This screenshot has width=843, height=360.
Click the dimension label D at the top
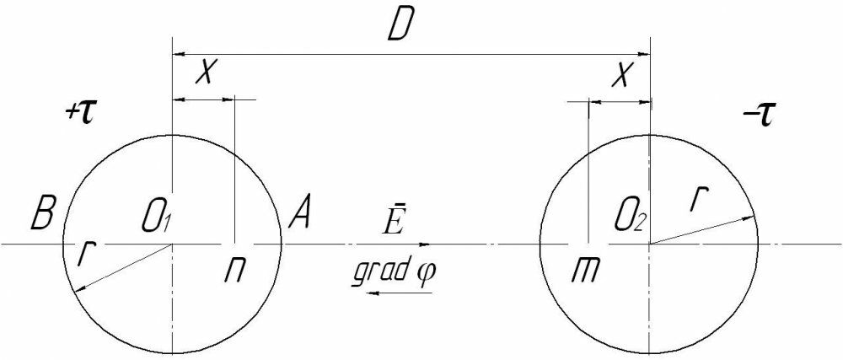tap(399, 29)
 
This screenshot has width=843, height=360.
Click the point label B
tap(42, 217)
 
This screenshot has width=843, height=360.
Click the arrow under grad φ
tap(403, 293)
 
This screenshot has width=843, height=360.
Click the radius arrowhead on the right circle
tap(749, 218)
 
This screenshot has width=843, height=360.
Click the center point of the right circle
tap(650, 244)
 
